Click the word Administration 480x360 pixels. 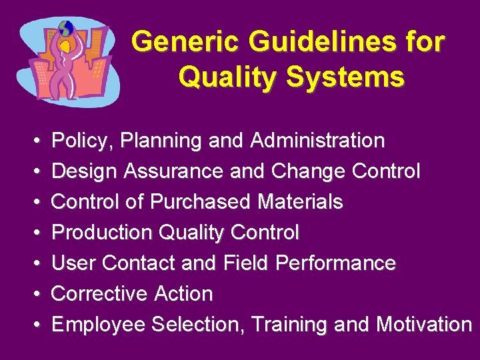coord(317,141)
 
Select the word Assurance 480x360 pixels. coord(173,171)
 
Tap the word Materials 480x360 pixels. coord(307,201)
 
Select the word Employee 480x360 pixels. coord(99,325)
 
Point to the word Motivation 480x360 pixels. coord(424,325)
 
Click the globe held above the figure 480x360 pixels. coord(66,29)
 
